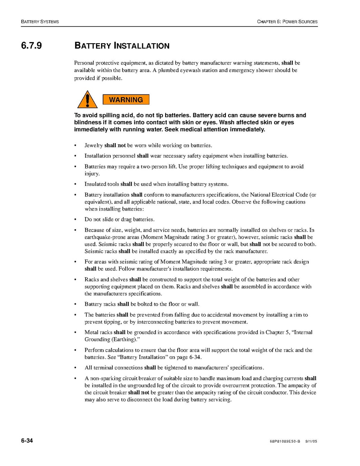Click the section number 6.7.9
pos(31,46)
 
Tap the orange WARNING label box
pos(126,100)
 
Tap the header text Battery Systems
pos(40,21)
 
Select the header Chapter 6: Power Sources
pos(287,21)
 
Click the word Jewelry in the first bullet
pos(94,145)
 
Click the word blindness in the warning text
pos(89,123)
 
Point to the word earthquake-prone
pos(105,237)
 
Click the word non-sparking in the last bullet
pos(104,378)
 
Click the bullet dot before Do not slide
pos(75,220)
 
